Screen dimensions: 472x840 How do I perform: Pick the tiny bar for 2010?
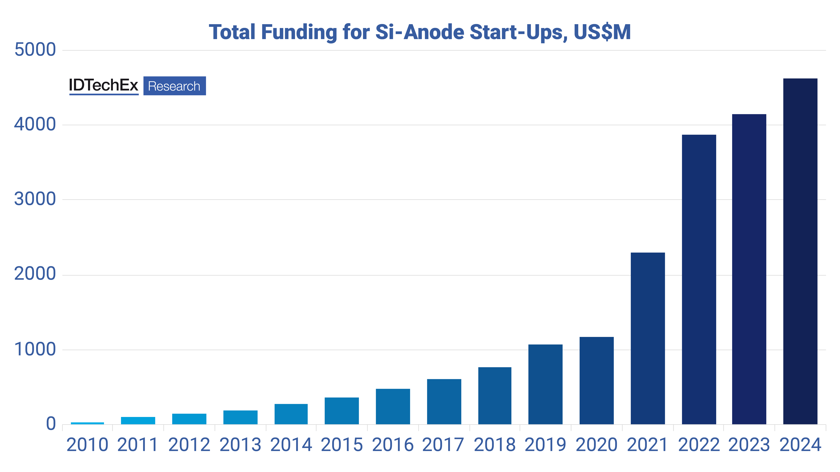pyautogui.click(x=87, y=423)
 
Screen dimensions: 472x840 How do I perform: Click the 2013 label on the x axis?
pyautogui.click(x=240, y=445)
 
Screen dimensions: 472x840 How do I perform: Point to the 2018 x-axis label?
pyautogui.click(x=495, y=445)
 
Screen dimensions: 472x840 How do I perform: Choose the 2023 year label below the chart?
pyautogui.click(x=749, y=445)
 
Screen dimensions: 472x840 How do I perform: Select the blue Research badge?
pyautogui.click(x=174, y=86)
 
